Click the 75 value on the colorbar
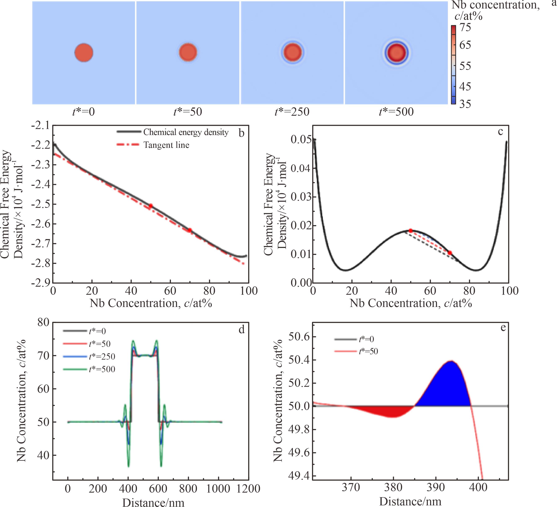[x=465, y=27]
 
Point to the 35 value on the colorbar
[x=465, y=104]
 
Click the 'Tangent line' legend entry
[x=166, y=145]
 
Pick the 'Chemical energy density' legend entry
[x=186, y=132]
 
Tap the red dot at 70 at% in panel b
[x=190, y=230]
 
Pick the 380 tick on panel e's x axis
[x=393, y=487]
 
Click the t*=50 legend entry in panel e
[x=368, y=351]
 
